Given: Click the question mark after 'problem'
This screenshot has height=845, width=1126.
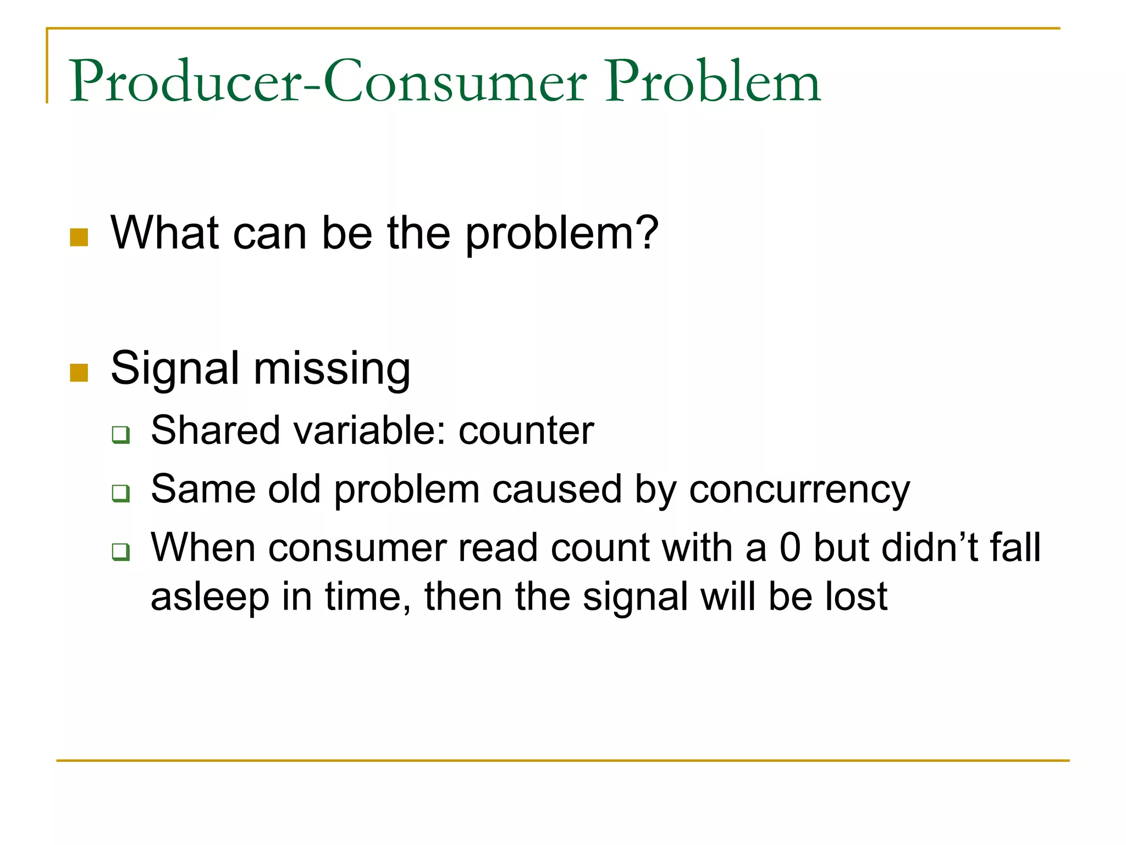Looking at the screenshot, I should tap(647, 233).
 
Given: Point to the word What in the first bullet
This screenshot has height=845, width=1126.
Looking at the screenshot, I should tap(165, 233).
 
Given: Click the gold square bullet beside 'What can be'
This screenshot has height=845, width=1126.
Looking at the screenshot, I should tap(79, 238).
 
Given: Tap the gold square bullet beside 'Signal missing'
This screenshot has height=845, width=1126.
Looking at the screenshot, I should tap(79, 372).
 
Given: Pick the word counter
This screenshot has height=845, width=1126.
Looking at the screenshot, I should tap(526, 430).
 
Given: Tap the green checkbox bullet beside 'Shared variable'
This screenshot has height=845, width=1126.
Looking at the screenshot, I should tap(120, 435).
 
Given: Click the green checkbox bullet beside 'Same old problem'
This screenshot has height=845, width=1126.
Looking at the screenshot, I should tap(120, 493).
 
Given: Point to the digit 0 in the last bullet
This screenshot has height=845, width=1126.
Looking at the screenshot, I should tap(790, 548).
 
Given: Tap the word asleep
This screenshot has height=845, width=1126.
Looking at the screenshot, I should tap(209, 597).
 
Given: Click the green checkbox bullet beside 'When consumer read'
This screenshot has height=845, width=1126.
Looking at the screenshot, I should tap(120, 551).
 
